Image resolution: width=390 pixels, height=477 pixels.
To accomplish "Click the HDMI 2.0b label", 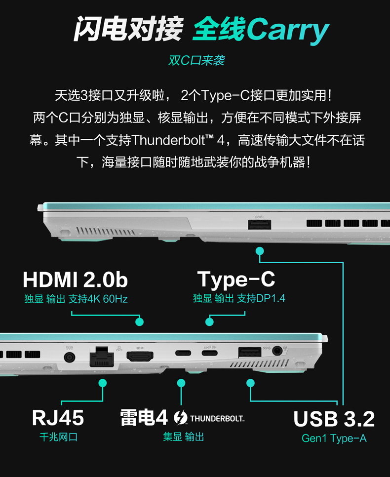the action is (75, 279).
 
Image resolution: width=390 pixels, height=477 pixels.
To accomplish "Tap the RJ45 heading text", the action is (58, 418).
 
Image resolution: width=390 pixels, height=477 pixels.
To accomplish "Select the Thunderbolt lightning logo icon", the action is (180, 417).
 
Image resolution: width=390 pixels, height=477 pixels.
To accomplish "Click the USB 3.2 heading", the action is (334, 419).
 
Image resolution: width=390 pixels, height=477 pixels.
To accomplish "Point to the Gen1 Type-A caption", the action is (334, 438).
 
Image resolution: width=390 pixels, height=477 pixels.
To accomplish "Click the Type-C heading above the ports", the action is (236, 280).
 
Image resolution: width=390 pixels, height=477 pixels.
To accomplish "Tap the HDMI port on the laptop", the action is (140, 356).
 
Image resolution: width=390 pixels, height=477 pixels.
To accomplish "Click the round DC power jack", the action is (69, 357).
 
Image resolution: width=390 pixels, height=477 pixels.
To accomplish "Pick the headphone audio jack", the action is (276, 351).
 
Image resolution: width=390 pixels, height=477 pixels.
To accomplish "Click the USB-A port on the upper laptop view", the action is (259, 225).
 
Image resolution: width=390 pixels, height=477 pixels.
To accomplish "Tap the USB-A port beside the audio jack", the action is (249, 352).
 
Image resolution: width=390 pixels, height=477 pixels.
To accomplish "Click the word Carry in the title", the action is (287, 30).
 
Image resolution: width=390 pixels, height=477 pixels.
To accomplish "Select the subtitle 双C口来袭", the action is (196, 60).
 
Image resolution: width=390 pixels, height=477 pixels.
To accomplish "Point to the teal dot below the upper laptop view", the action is (260, 251).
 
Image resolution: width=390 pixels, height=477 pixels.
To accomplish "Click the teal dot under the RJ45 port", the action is (103, 383).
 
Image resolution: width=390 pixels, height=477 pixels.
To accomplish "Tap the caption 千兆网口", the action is (58, 437).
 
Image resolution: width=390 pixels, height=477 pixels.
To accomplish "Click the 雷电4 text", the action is (144, 417).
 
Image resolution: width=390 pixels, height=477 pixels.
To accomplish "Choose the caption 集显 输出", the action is (184, 437).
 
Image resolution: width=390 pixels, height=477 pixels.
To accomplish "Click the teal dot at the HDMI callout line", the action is (139, 321).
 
